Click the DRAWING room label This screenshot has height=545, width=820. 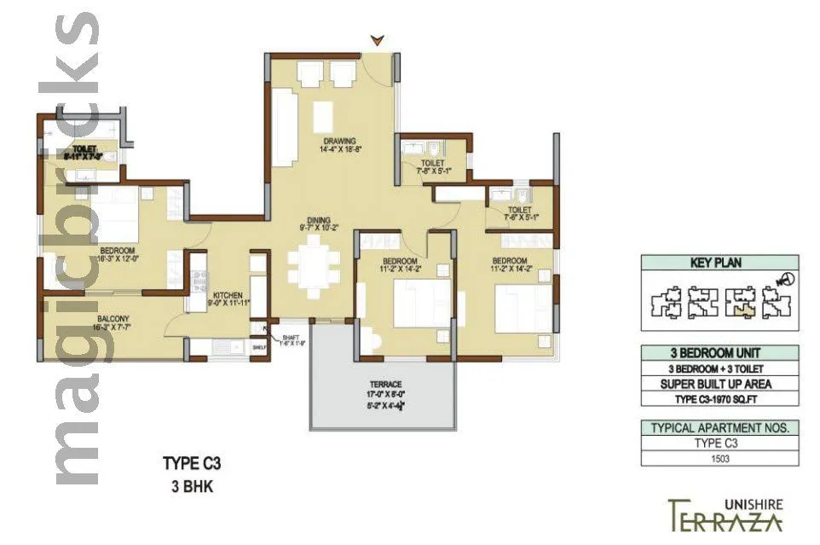338,141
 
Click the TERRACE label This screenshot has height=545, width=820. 385,385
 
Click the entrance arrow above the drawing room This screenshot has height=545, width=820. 378,39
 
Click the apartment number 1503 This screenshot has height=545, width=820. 719,459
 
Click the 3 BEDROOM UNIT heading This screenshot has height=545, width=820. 719,353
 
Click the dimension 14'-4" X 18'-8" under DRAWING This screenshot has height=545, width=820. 338,150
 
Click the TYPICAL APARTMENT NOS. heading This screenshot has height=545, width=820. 719,427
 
